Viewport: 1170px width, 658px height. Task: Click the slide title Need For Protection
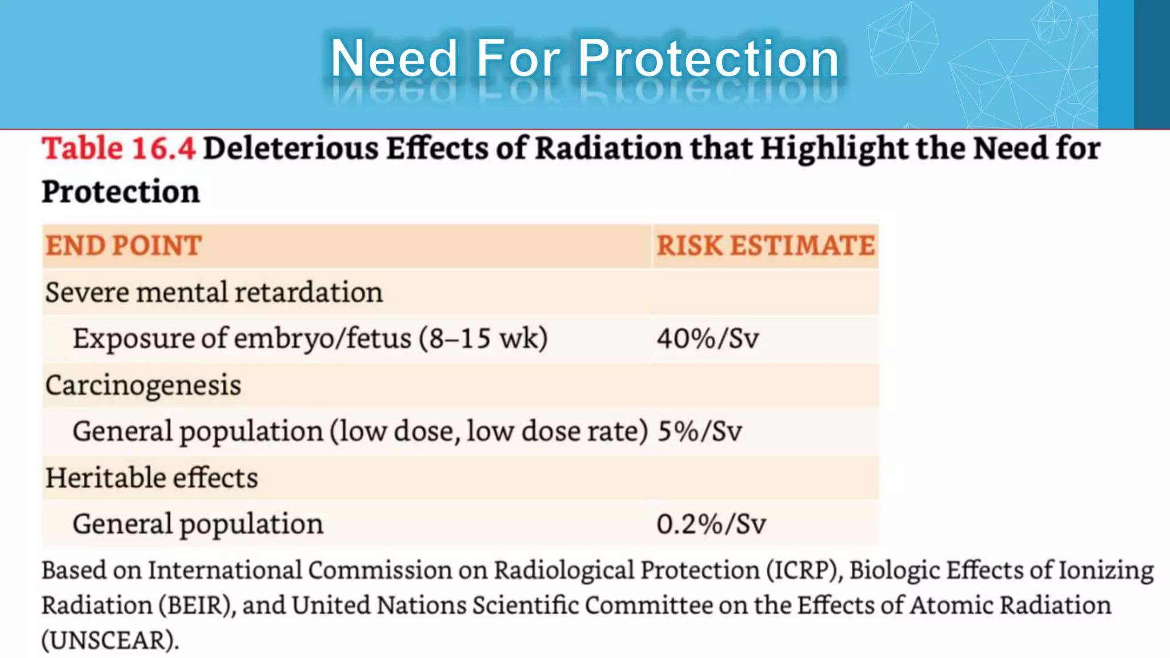(585, 58)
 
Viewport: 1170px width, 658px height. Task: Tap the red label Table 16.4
(119, 149)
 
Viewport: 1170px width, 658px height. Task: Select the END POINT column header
(123, 246)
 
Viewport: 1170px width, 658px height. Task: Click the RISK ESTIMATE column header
(766, 246)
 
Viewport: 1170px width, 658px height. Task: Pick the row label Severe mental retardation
(214, 292)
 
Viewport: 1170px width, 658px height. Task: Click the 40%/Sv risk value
(708, 339)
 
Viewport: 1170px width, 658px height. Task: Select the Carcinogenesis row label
(143, 386)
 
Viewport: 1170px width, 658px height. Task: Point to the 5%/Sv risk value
(700, 431)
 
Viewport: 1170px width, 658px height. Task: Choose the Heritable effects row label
(151, 478)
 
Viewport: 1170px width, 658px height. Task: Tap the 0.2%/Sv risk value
(711, 524)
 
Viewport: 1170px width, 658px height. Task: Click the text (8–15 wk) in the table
(483, 339)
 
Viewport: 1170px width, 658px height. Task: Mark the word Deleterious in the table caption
(291, 149)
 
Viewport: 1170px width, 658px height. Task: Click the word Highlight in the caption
(835, 149)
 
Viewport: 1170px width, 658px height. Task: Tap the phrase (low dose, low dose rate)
(489, 431)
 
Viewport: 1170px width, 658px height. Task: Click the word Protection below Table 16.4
(121, 192)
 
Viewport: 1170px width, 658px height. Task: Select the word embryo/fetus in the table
(322, 339)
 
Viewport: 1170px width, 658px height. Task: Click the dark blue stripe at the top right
(1152, 64)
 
